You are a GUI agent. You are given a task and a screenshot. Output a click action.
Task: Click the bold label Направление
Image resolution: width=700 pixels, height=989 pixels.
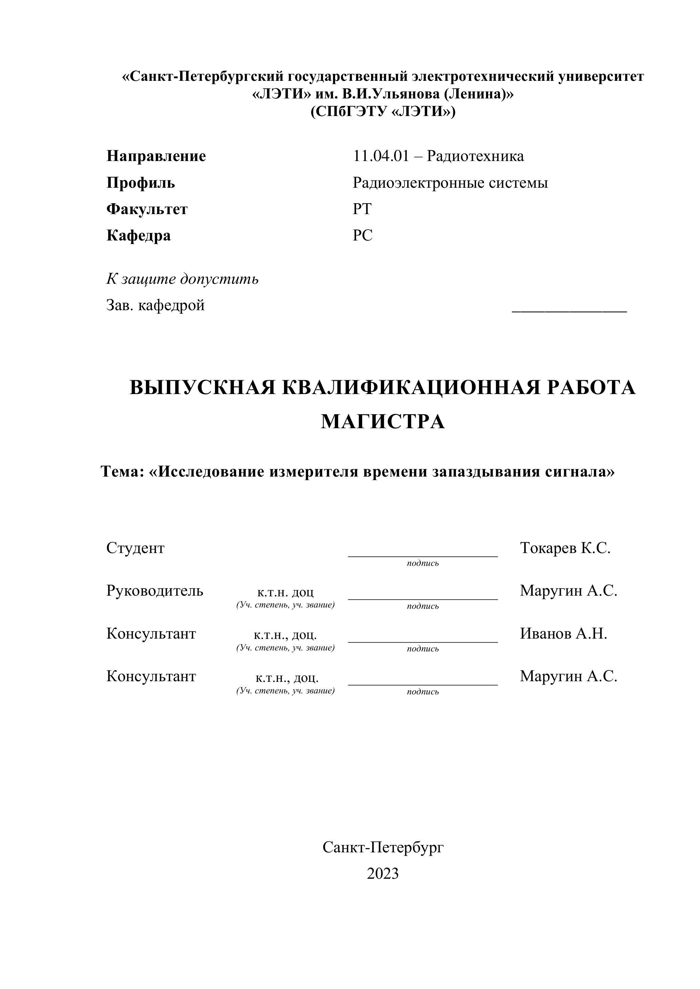[156, 156]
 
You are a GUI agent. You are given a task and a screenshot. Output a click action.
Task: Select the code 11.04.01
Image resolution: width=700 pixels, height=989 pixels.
[380, 156]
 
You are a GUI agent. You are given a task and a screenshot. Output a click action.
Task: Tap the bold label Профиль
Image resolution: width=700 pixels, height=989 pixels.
[140, 183]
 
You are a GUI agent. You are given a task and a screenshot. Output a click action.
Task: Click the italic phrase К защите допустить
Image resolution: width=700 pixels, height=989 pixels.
[182, 279]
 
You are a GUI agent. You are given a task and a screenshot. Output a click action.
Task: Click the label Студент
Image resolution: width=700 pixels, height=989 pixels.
[135, 548]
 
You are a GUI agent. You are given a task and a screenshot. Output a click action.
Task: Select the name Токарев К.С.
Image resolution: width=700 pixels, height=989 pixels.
[565, 548]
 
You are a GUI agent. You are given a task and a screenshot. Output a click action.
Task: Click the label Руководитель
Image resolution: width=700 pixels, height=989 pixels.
[154, 591]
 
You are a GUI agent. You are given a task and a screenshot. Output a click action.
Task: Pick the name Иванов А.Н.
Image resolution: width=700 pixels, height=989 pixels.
[563, 633]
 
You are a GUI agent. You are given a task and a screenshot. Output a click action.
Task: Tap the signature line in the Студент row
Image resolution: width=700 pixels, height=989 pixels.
[422, 556]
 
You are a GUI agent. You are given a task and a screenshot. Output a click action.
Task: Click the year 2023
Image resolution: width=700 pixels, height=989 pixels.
[382, 874]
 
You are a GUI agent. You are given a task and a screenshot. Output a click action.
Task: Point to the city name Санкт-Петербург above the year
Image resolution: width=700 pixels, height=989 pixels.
[383, 847]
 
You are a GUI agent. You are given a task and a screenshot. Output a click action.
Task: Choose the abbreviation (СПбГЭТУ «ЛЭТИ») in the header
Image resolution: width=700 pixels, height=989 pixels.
[383, 112]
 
